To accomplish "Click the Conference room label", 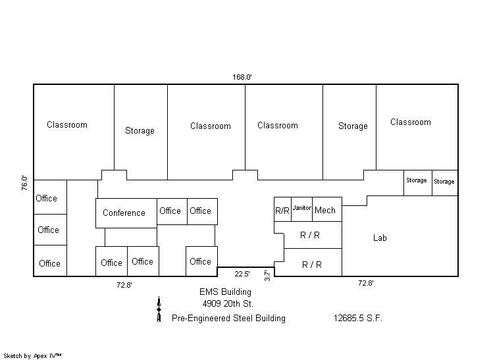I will click(124, 213).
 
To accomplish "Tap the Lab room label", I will click(380, 238).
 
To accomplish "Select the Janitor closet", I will click(301, 209).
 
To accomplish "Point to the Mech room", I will click(325, 210).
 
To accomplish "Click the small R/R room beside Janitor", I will click(282, 211).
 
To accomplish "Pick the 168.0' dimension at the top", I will click(242, 77).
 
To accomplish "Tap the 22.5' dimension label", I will click(242, 274).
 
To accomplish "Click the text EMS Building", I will click(226, 292).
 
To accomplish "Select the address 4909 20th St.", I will click(228, 303).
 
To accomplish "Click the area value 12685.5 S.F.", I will click(358, 318).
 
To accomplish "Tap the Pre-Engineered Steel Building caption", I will click(228, 318).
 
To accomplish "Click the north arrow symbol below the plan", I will click(159, 309).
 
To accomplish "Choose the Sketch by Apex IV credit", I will click(33, 355).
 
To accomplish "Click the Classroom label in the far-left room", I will click(67, 124).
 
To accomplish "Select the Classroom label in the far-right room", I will click(411, 122).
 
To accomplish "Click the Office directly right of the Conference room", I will click(170, 211).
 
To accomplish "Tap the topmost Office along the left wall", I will click(47, 198).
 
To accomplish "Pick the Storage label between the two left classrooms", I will click(140, 130).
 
